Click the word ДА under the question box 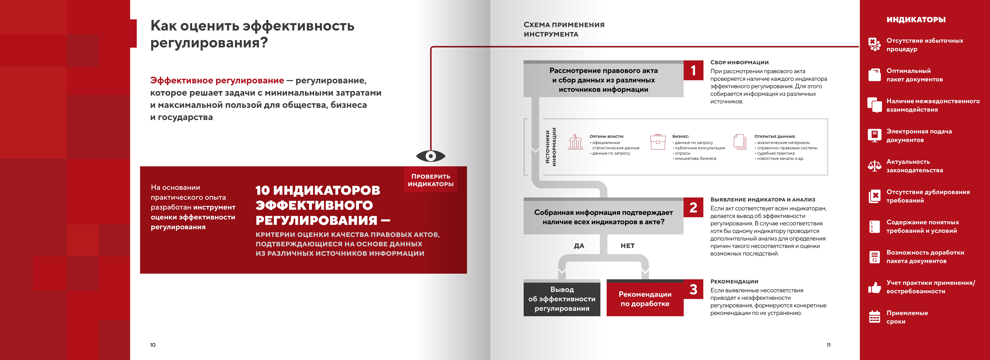point(579,246)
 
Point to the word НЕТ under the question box point(627,246)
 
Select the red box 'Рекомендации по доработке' point(645,299)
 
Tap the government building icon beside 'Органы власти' point(575,142)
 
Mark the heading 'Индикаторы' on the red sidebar point(916,20)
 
